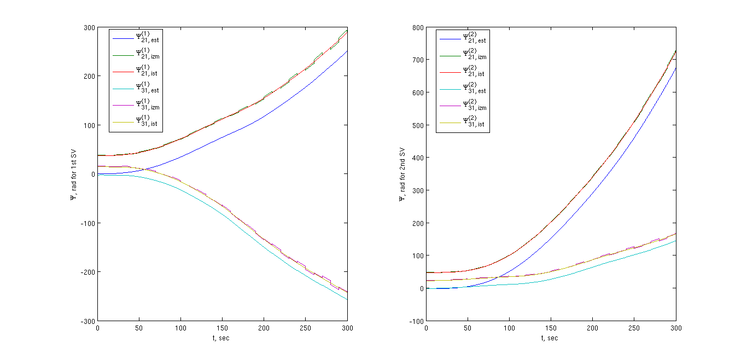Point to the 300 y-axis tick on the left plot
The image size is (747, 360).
click(89, 27)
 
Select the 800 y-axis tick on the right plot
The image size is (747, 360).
click(416, 27)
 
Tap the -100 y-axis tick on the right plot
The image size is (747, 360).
click(415, 321)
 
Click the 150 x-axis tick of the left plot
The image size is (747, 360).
click(222, 328)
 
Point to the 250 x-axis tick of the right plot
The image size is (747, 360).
click(634, 328)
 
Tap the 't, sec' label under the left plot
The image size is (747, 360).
click(222, 338)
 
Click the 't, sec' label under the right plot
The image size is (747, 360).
click(551, 338)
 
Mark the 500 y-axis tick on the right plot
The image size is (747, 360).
click(416, 125)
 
